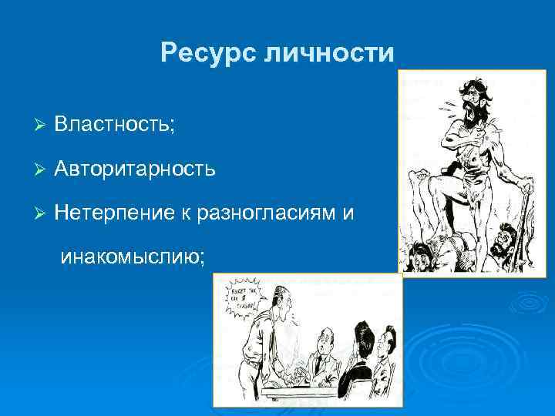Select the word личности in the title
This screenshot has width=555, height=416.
click(x=329, y=53)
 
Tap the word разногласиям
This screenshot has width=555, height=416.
click(x=262, y=211)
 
